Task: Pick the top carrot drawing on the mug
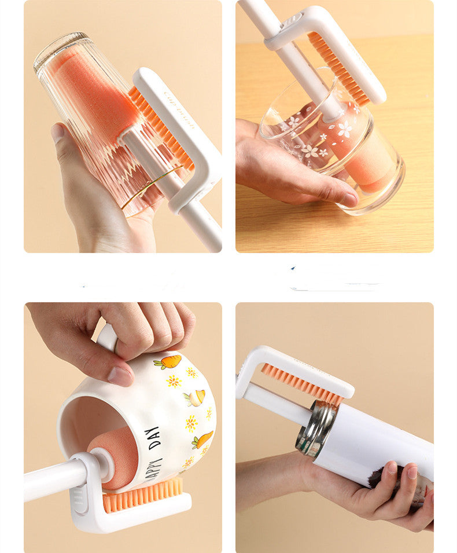pos(168,362)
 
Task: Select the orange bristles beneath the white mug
pos(142,495)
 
